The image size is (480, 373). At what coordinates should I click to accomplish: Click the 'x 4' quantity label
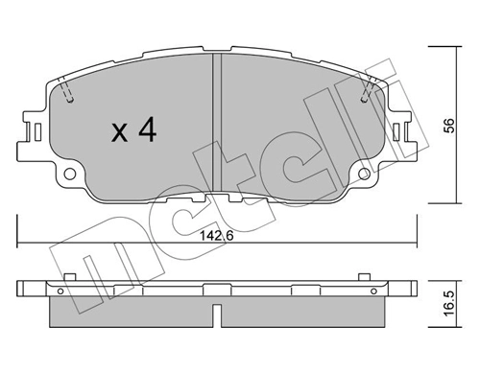(132, 131)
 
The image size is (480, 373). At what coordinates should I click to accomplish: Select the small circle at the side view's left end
(60, 290)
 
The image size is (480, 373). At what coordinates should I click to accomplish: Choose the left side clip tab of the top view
(29, 128)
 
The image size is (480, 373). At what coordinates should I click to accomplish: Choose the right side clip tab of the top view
(408, 128)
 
